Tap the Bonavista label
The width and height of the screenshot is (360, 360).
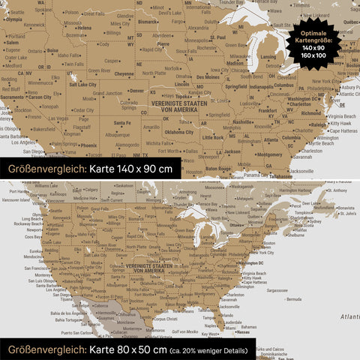point(345,208)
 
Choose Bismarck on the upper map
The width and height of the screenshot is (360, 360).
point(148,22)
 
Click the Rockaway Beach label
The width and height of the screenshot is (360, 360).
point(26,223)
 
